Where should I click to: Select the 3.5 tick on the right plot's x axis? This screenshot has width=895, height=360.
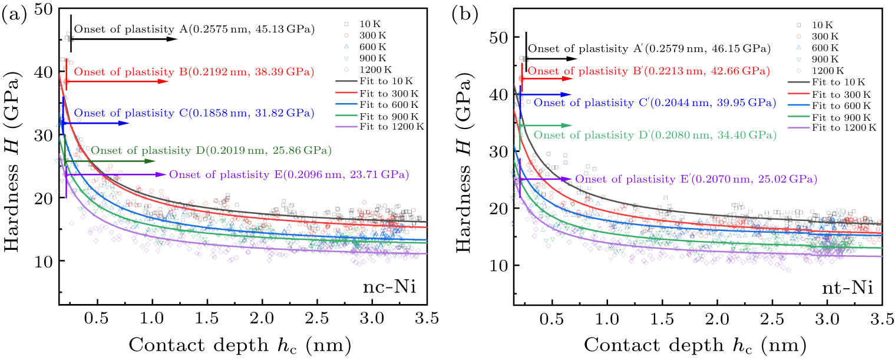881,318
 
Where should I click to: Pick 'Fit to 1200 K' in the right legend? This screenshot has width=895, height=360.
844,127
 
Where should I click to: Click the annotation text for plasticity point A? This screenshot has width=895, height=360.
194,29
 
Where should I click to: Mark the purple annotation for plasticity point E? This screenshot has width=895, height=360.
289,174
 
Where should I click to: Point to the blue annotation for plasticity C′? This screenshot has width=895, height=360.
655,103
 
